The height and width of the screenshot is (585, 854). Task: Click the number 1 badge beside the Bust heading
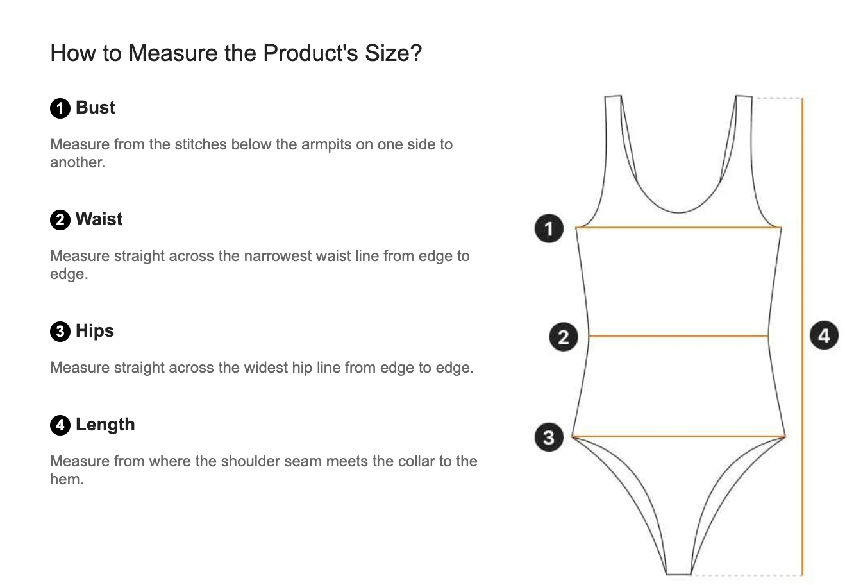tap(60, 108)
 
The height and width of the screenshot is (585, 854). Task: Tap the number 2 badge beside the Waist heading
tap(60, 220)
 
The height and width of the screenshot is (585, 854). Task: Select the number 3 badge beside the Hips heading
tap(60, 332)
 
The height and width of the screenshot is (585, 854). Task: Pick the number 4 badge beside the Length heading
tap(60, 425)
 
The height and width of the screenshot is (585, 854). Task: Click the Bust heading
tap(96, 108)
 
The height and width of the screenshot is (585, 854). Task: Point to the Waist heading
tap(99, 219)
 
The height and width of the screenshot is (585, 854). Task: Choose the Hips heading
tap(95, 331)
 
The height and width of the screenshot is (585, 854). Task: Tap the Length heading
tap(105, 425)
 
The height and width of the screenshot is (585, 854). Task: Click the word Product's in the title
tap(310, 53)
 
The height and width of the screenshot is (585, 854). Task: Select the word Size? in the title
tap(394, 53)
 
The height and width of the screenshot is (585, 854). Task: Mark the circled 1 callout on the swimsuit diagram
tap(549, 228)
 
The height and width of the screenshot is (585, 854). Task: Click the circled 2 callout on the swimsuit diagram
tap(564, 337)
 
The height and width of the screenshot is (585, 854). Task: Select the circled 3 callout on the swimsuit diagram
tap(549, 437)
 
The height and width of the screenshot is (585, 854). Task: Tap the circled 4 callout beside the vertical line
tap(824, 335)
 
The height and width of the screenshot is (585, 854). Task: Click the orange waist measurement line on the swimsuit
tap(678, 336)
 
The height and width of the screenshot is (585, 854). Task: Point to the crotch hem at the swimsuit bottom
tap(678, 574)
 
